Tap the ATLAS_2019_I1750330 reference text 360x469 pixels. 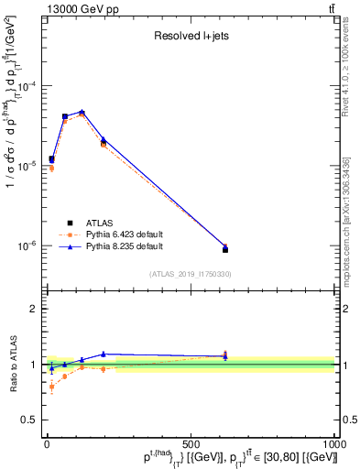click(190, 273)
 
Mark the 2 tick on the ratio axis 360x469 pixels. click(35, 309)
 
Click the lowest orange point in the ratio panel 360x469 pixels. click(51, 387)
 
